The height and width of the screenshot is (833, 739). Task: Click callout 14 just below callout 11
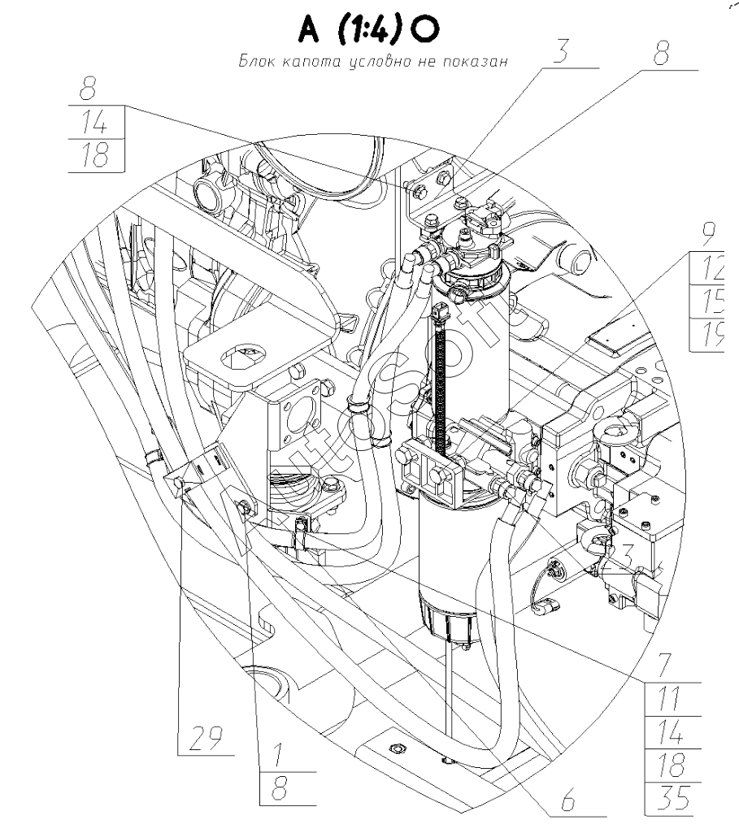click(x=668, y=730)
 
